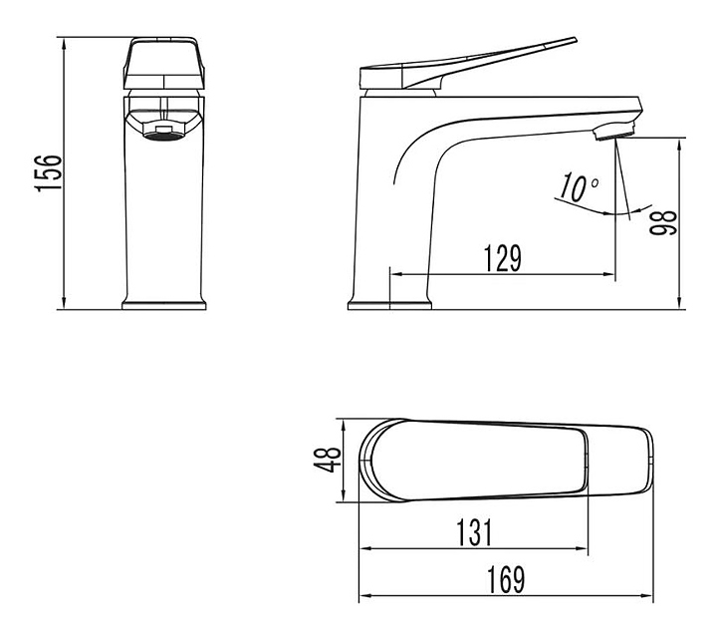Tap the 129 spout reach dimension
tap(503, 258)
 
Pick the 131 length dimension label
tap(476, 533)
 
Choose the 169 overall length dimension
tap(506, 580)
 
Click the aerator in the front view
tap(165, 131)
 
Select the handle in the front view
tap(165, 64)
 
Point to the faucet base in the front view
tap(165, 302)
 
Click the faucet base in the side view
tap(388, 303)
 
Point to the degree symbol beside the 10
tap(595, 183)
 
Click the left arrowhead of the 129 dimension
tap(391, 273)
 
